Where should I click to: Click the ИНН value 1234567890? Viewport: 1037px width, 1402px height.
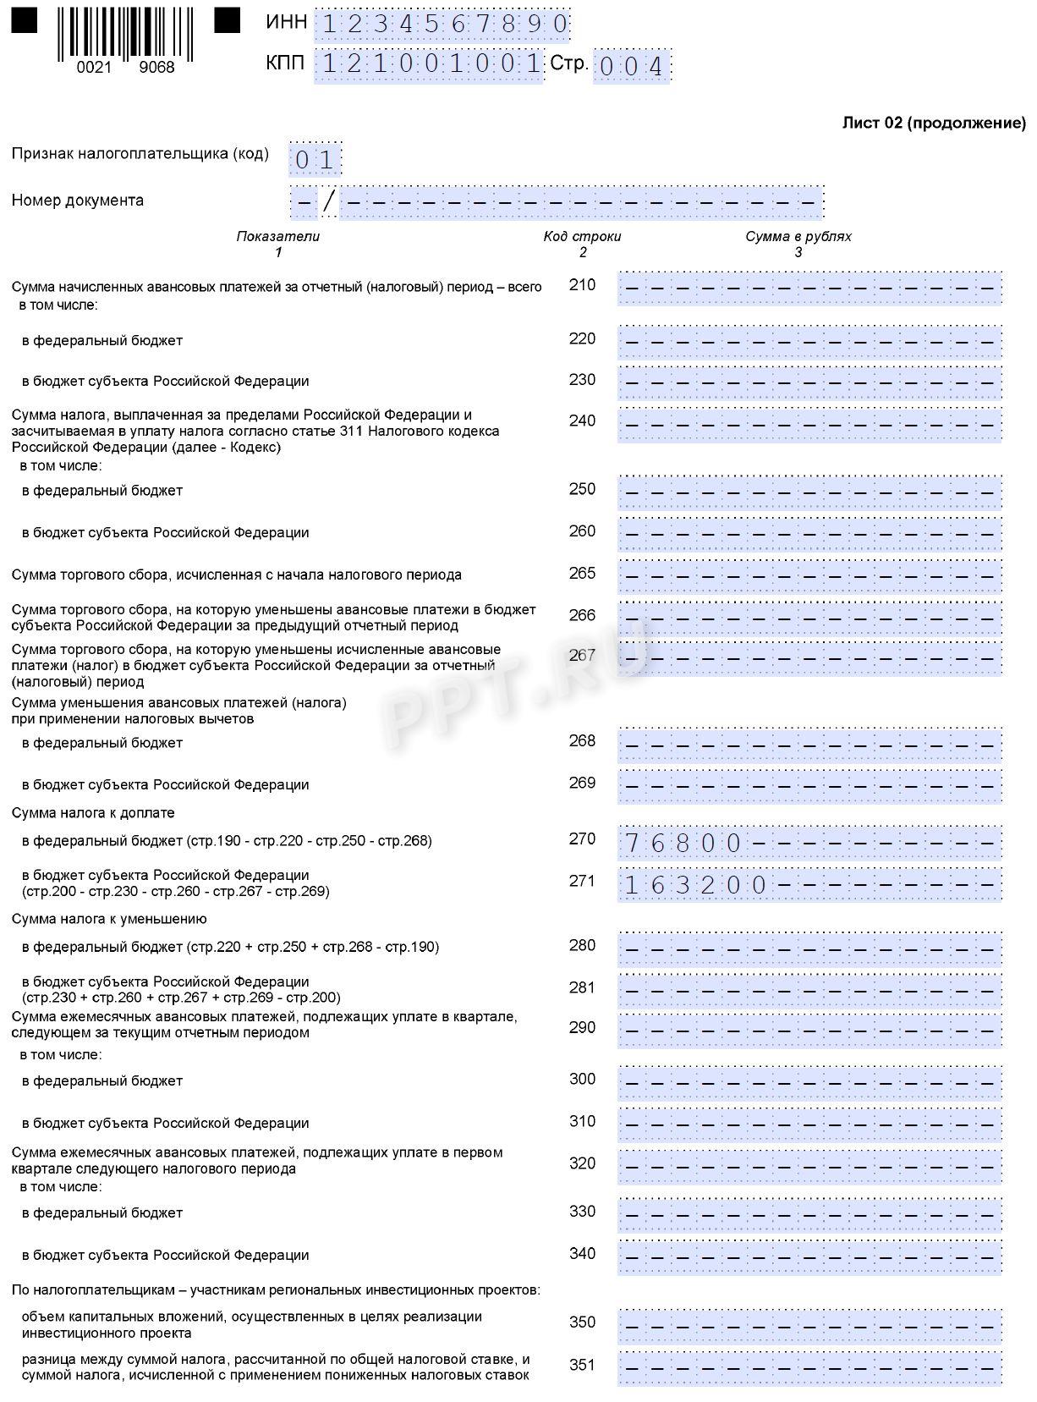click(442, 25)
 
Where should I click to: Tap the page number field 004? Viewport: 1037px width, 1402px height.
click(632, 67)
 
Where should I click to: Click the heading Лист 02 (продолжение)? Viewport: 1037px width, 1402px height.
click(934, 124)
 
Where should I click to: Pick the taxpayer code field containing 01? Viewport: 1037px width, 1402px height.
click(315, 159)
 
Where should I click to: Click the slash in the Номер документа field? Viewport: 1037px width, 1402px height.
click(329, 201)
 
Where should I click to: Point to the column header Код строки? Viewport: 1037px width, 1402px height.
click(582, 237)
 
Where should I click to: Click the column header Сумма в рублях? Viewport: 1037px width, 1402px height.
click(798, 237)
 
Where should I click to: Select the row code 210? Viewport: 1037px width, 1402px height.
click(582, 285)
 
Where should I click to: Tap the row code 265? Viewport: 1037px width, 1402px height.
click(582, 574)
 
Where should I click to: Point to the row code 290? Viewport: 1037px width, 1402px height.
click(582, 1028)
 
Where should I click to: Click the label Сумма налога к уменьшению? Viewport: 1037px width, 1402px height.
click(109, 920)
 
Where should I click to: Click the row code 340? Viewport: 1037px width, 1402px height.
click(582, 1254)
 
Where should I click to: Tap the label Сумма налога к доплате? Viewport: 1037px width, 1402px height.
click(93, 813)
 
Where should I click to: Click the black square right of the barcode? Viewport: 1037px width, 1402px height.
click(227, 20)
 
